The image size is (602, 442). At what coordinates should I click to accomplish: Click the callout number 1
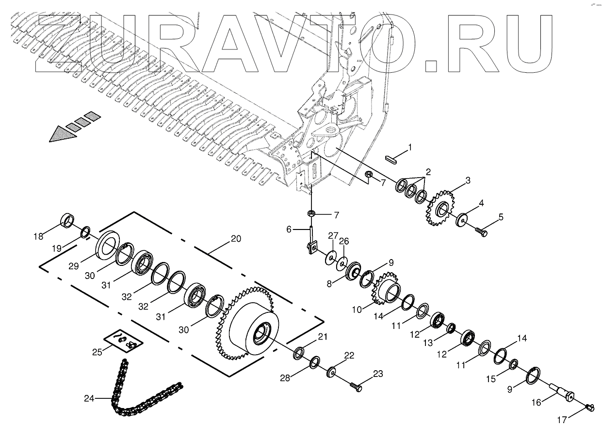coord(410,147)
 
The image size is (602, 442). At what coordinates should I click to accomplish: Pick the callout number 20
coord(236,238)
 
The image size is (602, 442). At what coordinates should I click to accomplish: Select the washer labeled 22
coord(332,372)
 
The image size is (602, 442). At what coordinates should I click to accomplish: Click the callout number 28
coord(285,377)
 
